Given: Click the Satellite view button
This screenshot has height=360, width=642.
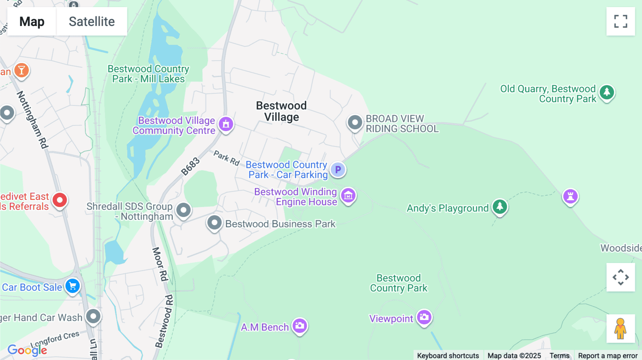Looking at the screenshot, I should click(x=92, y=21).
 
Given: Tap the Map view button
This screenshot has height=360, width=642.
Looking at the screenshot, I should click(x=32, y=21).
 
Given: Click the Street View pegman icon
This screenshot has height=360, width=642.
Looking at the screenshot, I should click(x=620, y=329).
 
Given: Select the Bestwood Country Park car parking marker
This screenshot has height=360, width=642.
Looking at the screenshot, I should click(x=338, y=170).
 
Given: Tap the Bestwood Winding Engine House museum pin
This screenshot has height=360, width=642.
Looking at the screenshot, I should click(x=348, y=195).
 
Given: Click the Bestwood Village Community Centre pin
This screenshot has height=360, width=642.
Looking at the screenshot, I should click(x=226, y=124).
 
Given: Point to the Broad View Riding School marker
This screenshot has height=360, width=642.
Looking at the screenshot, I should click(x=355, y=122).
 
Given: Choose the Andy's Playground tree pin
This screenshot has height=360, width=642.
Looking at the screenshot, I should click(x=500, y=206).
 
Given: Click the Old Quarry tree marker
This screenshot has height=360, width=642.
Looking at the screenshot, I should click(x=607, y=92).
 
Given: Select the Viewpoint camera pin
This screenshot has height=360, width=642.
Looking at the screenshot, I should click(x=424, y=317).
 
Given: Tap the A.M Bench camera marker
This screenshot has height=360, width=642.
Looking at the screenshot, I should click(x=300, y=325).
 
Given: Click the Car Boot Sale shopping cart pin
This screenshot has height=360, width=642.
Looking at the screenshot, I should click(x=72, y=286).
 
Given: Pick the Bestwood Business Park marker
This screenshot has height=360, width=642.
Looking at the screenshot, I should click(x=214, y=223).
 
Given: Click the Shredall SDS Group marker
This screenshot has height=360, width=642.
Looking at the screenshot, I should click(x=184, y=210).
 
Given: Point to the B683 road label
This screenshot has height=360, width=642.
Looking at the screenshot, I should click(x=190, y=166).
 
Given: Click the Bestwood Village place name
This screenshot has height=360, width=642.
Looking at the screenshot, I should click(x=281, y=111).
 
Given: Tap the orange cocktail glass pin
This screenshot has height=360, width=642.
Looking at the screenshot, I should click(x=21, y=70).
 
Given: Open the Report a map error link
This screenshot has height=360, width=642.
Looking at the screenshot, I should click(x=607, y=355).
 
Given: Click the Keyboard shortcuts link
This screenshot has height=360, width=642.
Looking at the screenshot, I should click(x=448, y=355).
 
